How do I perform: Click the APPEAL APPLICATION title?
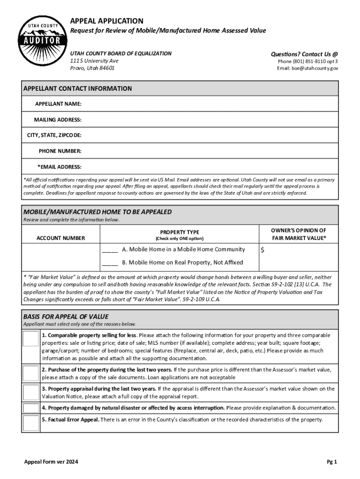[107, 21]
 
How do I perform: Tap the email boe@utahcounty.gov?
[308, 68]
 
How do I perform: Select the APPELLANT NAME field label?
[58, 103]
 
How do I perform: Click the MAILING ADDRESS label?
[58, 119]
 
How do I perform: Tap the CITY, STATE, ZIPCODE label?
[54, 135]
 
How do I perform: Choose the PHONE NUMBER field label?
[60, 151]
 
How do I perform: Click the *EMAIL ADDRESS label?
[59, 167]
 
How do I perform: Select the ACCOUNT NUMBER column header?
[61, 238]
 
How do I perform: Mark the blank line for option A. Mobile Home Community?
[110, 250]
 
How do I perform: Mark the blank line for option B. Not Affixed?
[110, 263]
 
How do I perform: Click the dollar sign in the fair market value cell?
[262, 250]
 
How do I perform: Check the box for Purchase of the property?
[31, 373]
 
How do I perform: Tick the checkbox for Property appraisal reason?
[31, 392]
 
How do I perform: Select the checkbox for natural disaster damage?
[31, 408]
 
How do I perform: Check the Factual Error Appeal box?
[31, 423]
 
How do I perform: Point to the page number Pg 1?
[332, 462]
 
